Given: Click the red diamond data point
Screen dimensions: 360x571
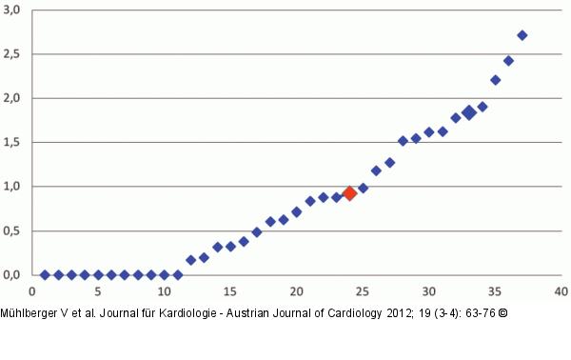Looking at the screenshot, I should pos(349,193).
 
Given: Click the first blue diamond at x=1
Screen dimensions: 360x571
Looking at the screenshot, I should pos(45,274).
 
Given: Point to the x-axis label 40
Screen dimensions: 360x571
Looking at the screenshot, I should pos(561,291).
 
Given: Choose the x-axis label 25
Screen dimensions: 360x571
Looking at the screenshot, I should pos(363,291).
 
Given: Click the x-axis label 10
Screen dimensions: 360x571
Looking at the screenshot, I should pos(164,291).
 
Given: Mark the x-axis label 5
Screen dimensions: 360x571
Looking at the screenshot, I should pos(98,291).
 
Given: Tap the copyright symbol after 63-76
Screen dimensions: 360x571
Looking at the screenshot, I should pos(489,311).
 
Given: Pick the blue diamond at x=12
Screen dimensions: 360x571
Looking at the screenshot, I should pos(190,259).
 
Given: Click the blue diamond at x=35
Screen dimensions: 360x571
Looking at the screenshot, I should pos(495,80).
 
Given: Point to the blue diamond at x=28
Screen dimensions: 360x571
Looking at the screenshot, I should pos(403,141).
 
